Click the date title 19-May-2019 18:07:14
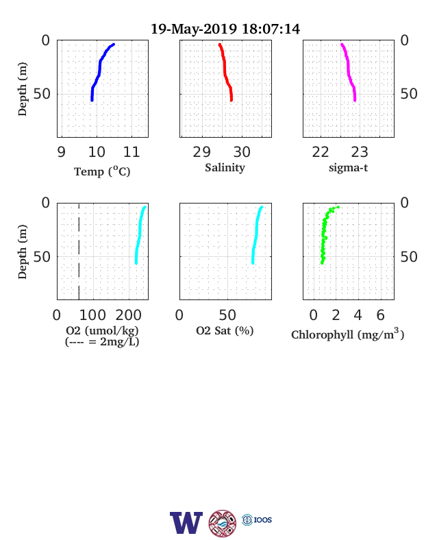(225, 29)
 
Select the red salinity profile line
(225, 73)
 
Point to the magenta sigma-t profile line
(349, 73)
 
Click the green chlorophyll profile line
(324, 234)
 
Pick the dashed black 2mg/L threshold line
(79, 251)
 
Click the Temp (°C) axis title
(102, 171)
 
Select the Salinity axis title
(225, 168)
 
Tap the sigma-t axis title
(348, 168)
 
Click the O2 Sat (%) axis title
(225, 330)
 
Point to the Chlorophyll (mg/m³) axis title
(347, 334)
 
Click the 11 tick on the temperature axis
(132, 152)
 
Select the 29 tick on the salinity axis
(201, 152)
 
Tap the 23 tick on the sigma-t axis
(360, 152)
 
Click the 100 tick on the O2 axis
(92, 315)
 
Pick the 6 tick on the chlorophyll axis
(380, 315)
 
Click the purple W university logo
(186, 523)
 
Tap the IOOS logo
(257, 519)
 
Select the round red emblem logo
(223, 523)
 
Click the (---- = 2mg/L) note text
(102, 342)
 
